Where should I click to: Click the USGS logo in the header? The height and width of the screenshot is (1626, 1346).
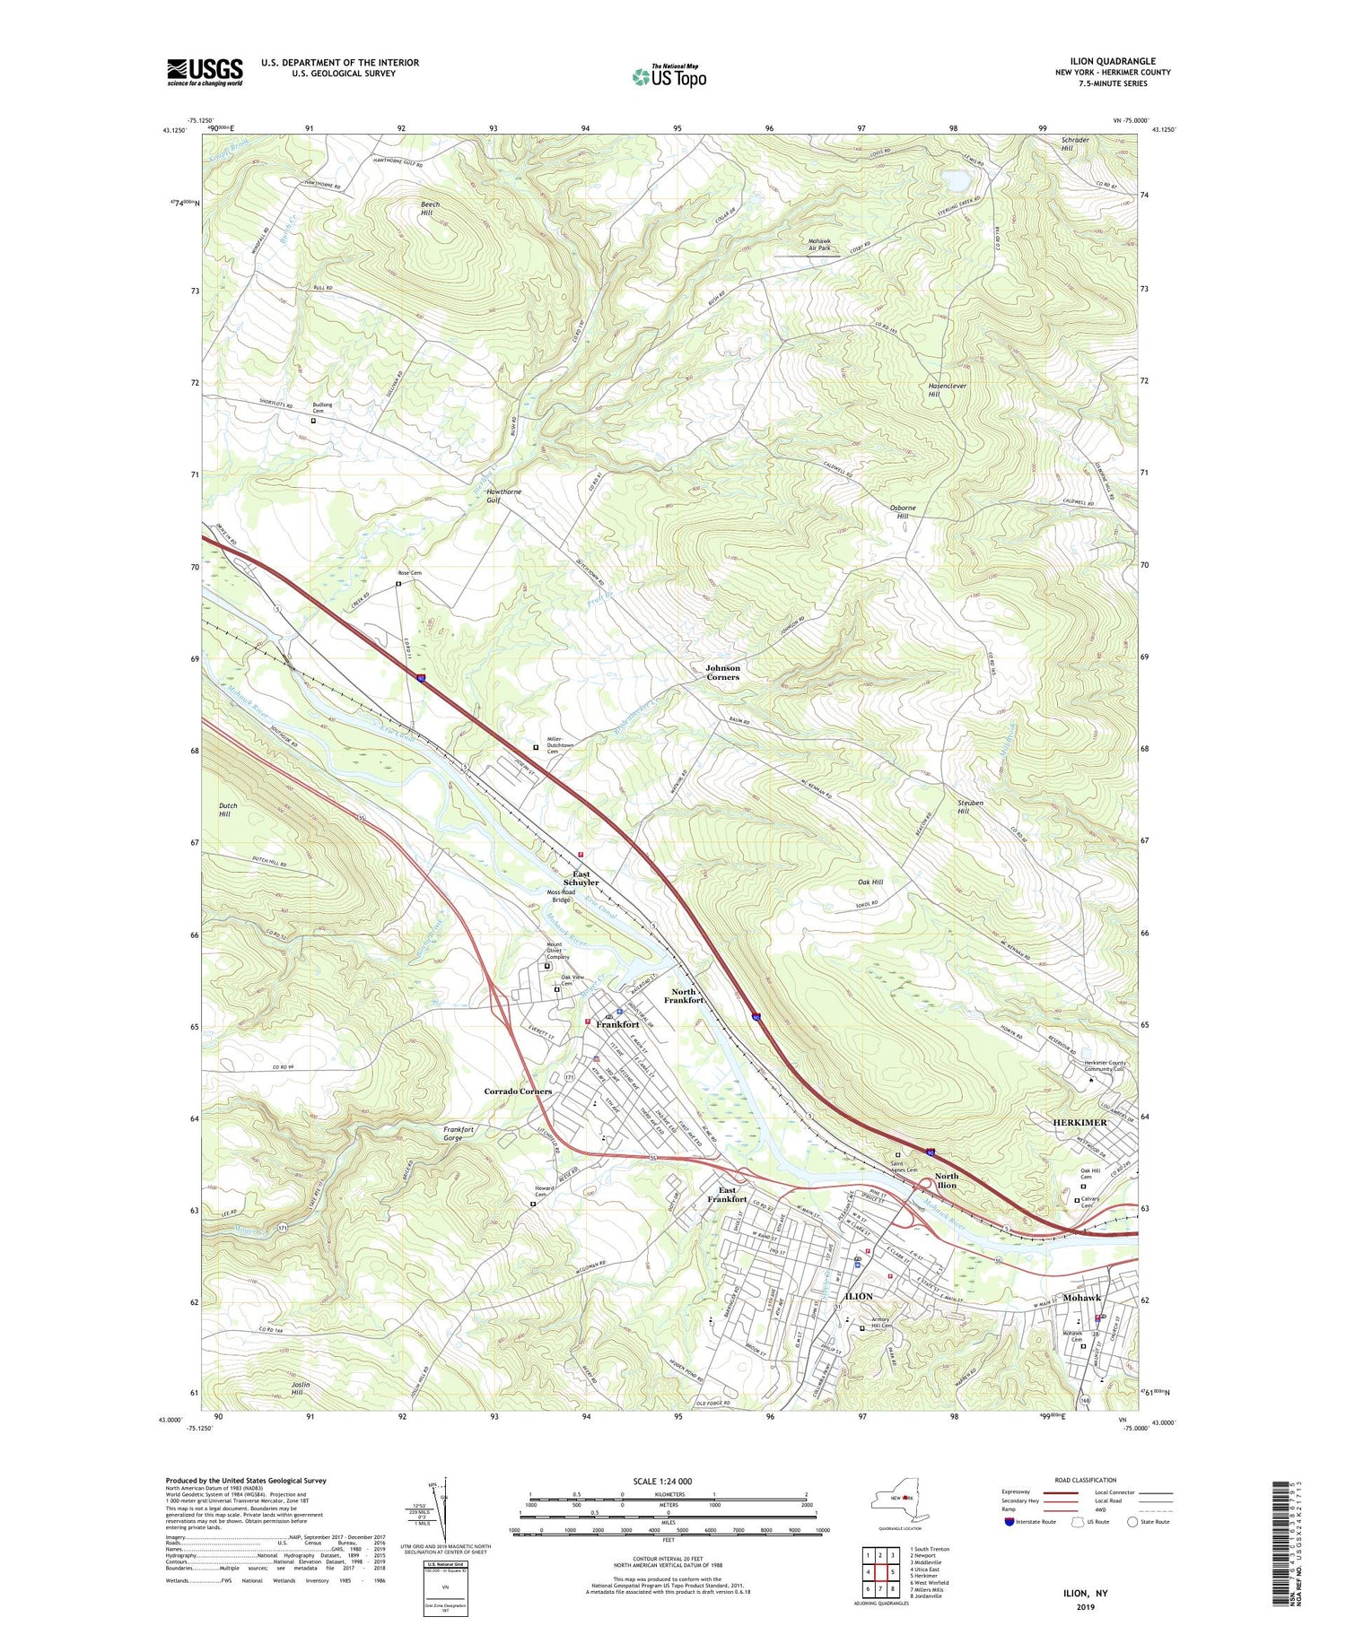click(205, 72)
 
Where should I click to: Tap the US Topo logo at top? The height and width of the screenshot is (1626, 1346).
click(669, 76)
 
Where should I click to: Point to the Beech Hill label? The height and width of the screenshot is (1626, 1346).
click(431, 209)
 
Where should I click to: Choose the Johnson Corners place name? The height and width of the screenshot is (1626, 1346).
click(722, 673)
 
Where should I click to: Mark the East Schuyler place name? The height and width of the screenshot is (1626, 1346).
click(581, 878)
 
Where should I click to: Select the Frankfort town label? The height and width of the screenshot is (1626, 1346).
click(617, 1024)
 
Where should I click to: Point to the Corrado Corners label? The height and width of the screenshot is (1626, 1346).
click(518, 1091)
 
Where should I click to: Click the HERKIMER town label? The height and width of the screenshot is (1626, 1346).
click(1079, 1123)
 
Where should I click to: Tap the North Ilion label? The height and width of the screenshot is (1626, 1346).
click(947, 1180)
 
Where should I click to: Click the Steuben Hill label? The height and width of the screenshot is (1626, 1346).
click(964, 807)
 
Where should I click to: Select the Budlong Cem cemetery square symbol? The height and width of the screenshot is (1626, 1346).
click(313, 421)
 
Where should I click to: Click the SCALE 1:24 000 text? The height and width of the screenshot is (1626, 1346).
click(669, 1481)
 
